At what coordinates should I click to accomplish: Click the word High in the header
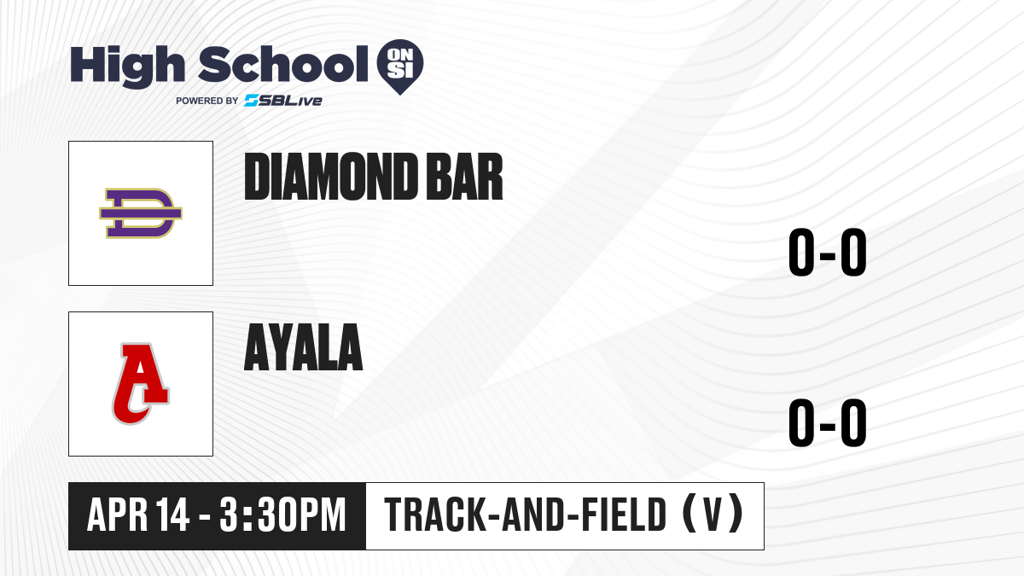coord(127,67)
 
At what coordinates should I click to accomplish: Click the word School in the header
coord(283,64)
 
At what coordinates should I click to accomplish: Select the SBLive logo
coord(283,101)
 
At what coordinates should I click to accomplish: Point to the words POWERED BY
coord(207,101)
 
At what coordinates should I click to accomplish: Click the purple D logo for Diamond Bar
coord(141,213)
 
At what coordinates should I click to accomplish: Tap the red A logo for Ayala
coord(141,383)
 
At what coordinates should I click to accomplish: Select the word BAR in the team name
coord(464,177)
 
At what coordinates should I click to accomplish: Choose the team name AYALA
coord(304,347)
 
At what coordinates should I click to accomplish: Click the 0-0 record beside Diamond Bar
coord(828,252)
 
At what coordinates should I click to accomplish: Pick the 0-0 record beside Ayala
coord(828,422)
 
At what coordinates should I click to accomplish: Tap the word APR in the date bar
coord(118,515)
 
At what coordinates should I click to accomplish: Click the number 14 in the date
coord(172,515)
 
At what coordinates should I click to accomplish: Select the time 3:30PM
coord(282,515)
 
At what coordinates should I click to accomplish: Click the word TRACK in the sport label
coord(434,515)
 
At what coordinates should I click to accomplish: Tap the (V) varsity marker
coord(713,514)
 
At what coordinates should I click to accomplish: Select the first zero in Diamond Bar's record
coord(801,252)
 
